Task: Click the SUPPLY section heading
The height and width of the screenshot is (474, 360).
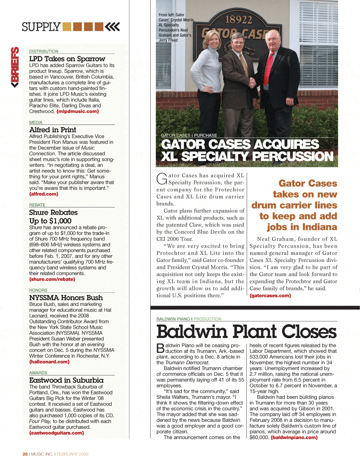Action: point(41,27)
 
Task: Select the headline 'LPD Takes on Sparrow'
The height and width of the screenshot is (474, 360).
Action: point(67,59)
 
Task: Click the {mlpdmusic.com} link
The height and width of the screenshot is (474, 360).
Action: point(77,111)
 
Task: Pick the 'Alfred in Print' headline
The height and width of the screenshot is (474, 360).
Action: point(53,129)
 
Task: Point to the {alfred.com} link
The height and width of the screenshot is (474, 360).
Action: point(44,194)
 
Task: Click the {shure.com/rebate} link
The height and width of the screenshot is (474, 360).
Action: point(52,279)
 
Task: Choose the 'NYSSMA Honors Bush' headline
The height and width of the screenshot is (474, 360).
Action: point(66,297)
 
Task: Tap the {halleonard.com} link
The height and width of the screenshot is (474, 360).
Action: point(49,361)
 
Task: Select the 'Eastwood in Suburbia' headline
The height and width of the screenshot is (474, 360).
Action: point(66,380)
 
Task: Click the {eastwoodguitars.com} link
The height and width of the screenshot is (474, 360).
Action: point(57,433)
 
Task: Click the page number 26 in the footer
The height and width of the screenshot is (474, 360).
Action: point(25,454)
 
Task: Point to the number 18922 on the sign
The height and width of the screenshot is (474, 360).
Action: point(238,19)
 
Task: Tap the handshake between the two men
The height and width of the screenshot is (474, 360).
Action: point(253,82)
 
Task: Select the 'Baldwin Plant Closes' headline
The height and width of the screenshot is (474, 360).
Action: point(247,331)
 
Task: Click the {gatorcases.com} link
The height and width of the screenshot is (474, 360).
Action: point(270,296)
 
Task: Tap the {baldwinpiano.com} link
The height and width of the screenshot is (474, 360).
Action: point(294,437)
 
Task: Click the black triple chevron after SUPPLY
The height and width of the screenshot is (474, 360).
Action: point(113,27)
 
